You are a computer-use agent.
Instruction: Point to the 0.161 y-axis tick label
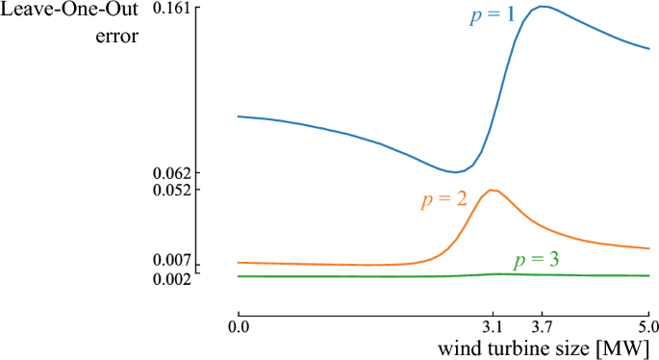(176, 9)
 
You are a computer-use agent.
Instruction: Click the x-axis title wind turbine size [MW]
(546, 347)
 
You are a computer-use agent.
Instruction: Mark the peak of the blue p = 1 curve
(545, 7)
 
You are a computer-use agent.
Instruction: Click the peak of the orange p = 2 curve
(493, 190)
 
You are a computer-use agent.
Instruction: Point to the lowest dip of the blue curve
(455, 172)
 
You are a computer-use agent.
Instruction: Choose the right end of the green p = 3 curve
(648, 275)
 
